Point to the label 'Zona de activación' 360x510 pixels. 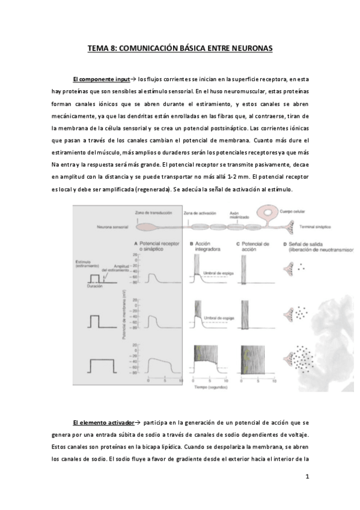click(198, 214)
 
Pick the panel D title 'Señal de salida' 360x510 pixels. click(305, 244)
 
